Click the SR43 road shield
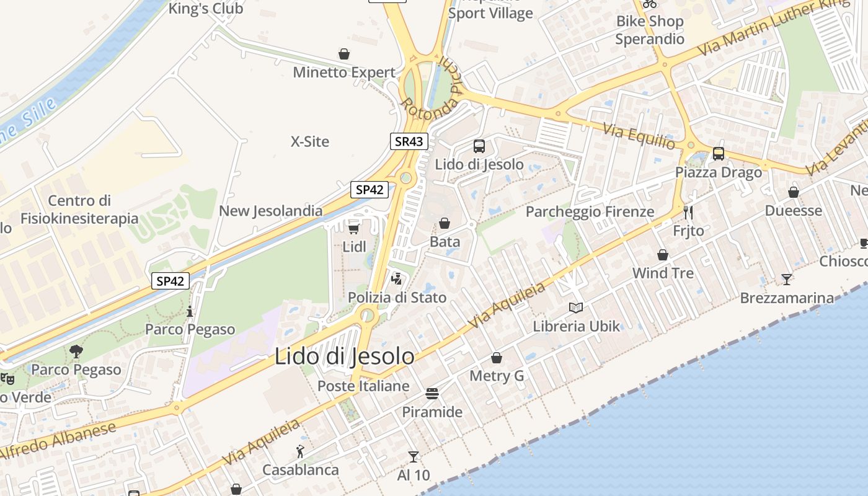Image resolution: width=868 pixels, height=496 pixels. [409, 141]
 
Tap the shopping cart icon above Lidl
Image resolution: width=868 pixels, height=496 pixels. [353, 229]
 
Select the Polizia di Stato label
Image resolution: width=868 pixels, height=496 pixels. [397, 298]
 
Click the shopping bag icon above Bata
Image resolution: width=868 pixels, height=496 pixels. [445, 223]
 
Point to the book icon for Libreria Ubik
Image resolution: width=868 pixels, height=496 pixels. [576, 308]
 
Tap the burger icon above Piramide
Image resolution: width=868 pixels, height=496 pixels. [432, 394]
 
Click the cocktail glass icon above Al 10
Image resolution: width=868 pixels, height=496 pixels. [414, 457]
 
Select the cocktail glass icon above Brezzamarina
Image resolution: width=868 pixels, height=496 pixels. [787, 279]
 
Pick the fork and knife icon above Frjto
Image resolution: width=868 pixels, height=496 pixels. [688, 213]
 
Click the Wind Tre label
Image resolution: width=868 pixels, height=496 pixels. [663, 273]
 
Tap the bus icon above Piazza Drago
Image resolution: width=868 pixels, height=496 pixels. [719, 153]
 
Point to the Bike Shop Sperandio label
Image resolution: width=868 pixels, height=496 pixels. [650, 30]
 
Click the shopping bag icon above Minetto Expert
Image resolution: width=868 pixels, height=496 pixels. [344, 54]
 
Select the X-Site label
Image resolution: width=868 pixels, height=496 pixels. [310, 141]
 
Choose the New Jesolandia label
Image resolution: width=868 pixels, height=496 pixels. [270, 211]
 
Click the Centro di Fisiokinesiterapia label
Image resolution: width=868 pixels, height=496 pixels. [79, 210]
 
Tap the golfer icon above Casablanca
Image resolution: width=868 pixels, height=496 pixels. [301, 451]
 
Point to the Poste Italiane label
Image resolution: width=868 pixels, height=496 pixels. [363, 386]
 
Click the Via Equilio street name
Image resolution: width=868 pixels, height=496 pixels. [640, 136]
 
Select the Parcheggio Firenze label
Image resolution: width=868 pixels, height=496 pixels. [590, 211]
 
